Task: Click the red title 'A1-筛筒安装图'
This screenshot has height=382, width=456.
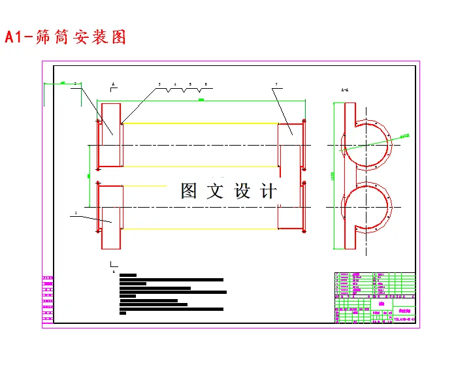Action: click(x=65, y=37)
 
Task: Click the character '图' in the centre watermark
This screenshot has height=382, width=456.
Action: click(x=189, y=191)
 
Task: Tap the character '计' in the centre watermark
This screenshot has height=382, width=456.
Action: click(x=269, y=191)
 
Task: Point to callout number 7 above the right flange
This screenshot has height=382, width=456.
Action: click(x=276, y=85)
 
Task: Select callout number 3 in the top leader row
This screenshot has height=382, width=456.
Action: click(x=159, y=85)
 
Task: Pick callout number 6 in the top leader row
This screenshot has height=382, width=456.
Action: click(x=206, y=85)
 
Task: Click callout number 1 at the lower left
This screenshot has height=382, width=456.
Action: click(x=76, y=213)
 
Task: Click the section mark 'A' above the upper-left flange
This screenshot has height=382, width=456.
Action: click(x=113, y=85)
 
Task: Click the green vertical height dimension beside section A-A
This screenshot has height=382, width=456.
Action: click(x=334, y=175)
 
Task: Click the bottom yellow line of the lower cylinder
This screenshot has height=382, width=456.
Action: click(x=199, y=229)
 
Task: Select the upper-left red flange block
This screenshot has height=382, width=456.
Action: click(x=110, y=135)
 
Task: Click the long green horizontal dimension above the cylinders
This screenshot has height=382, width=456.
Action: click(x=201, y=100)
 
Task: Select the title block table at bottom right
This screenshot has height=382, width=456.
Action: click(x=374, y=297)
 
